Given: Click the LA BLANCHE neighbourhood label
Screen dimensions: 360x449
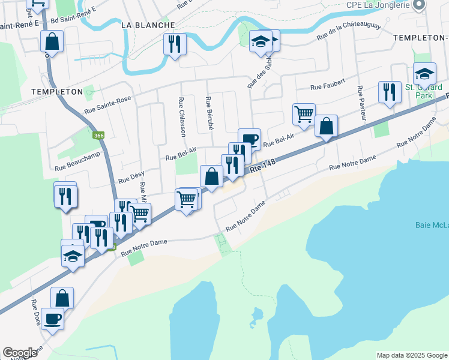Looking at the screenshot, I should pos(148,25).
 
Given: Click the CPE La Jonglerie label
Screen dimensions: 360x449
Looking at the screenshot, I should pos(377,5).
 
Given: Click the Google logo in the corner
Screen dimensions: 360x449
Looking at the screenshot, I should pos(20,353).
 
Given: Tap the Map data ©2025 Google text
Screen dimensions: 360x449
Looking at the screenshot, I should pos(411,355).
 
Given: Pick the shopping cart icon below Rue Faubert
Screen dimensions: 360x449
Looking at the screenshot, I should pos(304,113).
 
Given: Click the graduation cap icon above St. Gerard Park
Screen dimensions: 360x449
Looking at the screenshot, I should pos(425,73).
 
